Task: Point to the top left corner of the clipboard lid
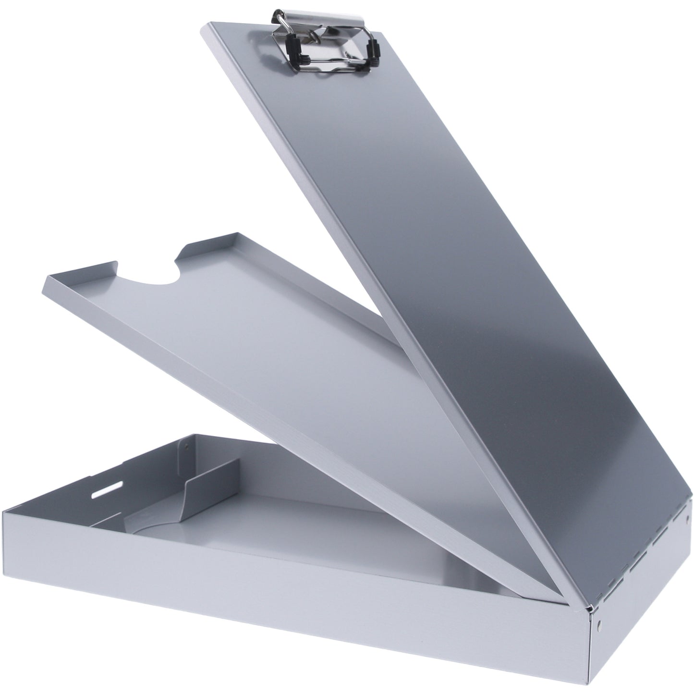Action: click(205, 30)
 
